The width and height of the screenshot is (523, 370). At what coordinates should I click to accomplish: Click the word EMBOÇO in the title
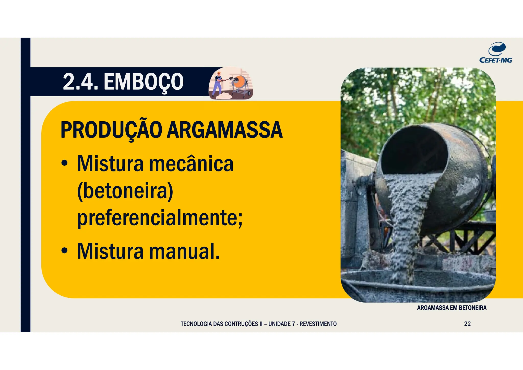click(x=144, y=82)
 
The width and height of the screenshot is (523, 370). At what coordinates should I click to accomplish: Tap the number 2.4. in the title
click(x=80, y=82)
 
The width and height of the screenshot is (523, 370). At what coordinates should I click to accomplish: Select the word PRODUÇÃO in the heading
click(x=111, y=130)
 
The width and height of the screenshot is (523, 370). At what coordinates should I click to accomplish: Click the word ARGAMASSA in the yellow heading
click(x=225, y=130)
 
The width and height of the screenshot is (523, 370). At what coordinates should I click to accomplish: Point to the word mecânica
click(x=191, y=164)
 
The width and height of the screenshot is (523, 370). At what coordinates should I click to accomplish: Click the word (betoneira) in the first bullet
click(x=125, y=191)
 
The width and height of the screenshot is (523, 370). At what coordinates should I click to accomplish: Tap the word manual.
click(x=184, y=251)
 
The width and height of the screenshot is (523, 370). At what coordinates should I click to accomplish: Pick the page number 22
click(x=467, y=324)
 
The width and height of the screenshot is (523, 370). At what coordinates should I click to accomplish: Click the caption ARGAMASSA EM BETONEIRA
click(x=451, y=308)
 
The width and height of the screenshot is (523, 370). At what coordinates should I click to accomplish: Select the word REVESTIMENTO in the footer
click(x=318, y=324)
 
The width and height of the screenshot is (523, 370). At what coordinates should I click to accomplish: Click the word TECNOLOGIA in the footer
click(x=196, y=324)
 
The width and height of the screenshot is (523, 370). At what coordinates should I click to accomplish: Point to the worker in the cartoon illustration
click(x=218, y=83)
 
